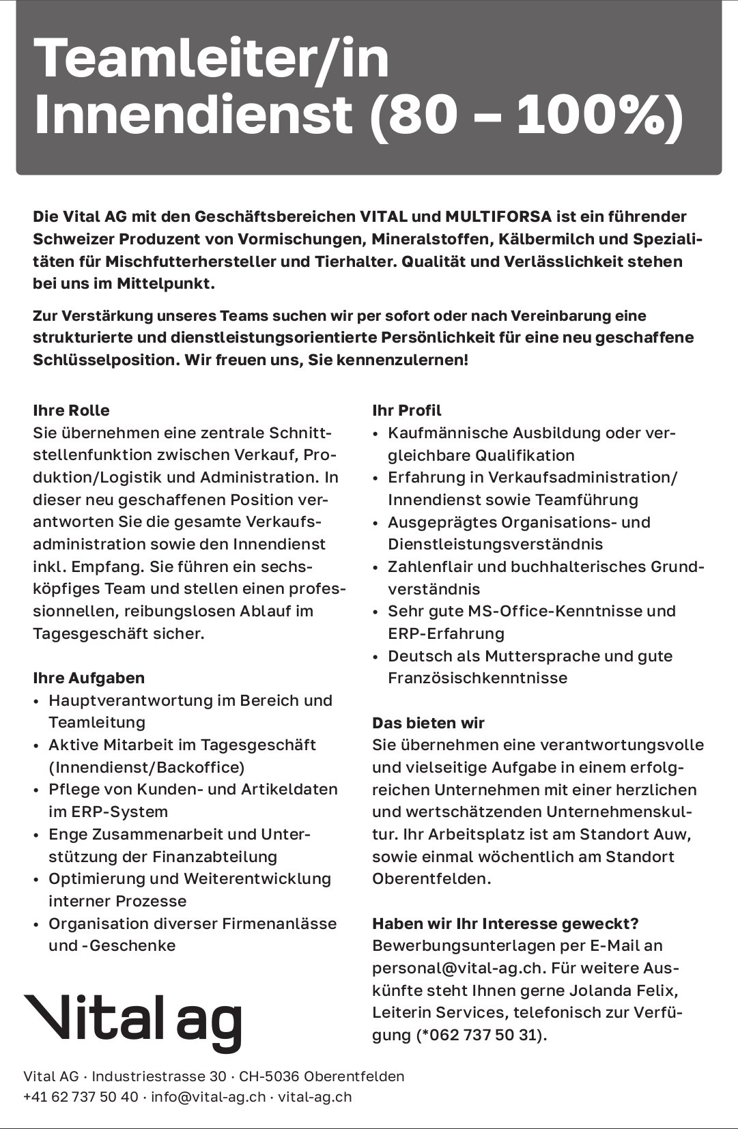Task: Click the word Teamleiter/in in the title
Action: point(212,59)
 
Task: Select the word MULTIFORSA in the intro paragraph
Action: point(498,217)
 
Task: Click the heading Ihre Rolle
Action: point(71,410)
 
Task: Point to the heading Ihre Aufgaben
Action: point(89,678)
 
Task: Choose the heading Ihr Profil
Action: point(407,410)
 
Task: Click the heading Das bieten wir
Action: point(428,723)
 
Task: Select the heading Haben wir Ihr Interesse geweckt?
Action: point(505,924)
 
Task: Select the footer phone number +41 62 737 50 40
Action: point(81,1097)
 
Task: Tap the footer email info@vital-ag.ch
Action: point(208,1097)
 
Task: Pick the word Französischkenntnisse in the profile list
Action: point(478,678)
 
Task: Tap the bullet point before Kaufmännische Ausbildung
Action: point(377,434)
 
